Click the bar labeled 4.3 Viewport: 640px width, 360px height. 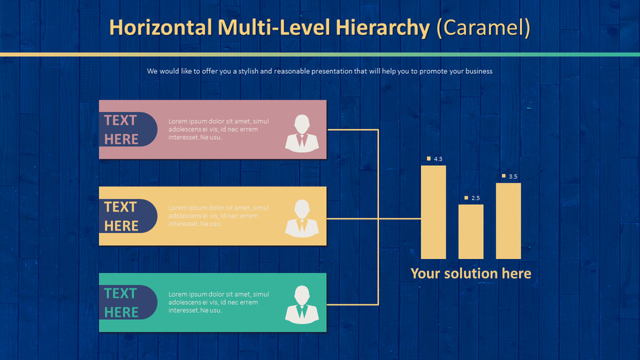(x=433, y=212)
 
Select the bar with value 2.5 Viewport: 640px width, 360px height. (x=471, y=232)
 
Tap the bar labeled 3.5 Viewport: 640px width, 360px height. (x=509, y=221)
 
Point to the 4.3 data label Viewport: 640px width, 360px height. (x=438, y=159)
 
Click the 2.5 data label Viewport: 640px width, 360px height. (x=475, y=198)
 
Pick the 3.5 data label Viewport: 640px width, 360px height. (x=513, y=177)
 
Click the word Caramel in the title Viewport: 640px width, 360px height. (x=484, y=27)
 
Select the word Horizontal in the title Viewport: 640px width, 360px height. (x=160, y=27)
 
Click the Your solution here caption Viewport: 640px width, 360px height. (x=471, y=273)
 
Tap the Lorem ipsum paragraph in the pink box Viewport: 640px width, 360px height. (x=218, y=129)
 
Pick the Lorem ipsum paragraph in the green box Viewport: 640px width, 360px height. (x=218, y=302)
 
